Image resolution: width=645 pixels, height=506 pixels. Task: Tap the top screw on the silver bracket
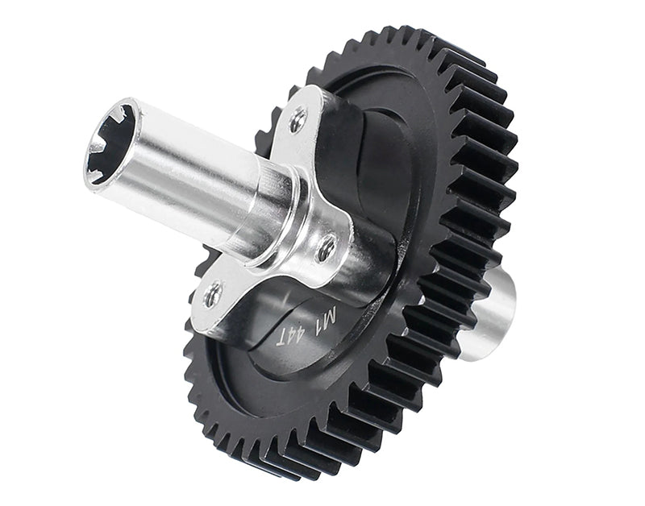298,119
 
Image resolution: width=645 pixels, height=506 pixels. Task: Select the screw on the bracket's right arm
327,248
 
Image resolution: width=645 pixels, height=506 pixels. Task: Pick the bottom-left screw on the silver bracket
213,294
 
